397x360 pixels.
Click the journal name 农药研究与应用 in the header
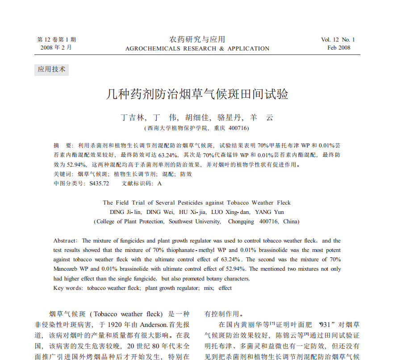tap(197, 39)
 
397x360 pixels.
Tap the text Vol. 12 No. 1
tap(338, 40)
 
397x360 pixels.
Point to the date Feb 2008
tap(338, 48)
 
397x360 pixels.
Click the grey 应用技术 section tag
tap(51, 69)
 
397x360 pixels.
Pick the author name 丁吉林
tap(133, 118)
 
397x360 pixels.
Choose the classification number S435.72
tap(99, 183)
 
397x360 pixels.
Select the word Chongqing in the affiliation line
tap(241, 221)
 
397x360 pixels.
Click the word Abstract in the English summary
tap(65, 241)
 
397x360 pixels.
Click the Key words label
tap(68, 288)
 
